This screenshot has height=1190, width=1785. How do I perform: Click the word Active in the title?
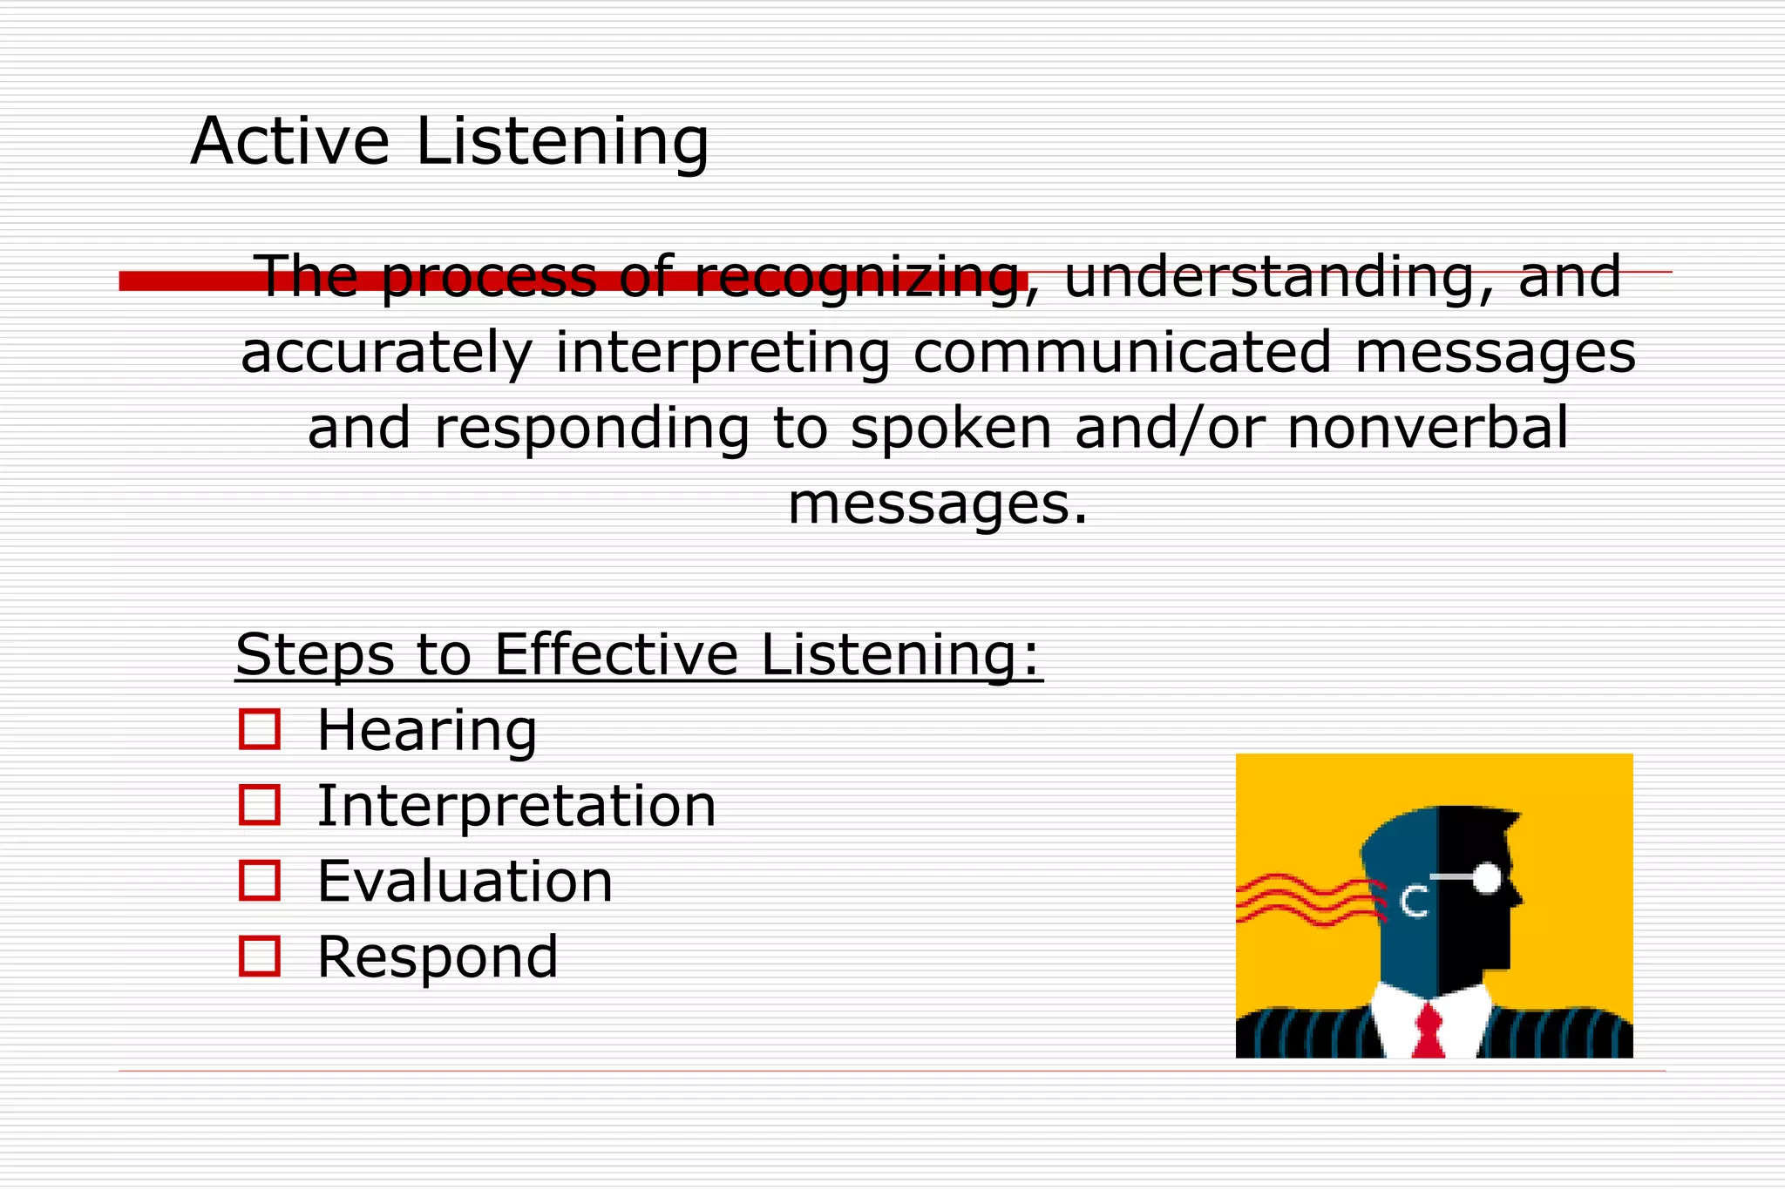point(289,141)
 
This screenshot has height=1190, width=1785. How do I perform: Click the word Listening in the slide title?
point(562,141)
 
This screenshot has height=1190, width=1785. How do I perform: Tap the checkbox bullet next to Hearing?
point(260,729)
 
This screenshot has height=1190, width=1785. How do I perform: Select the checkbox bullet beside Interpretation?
point(260,805)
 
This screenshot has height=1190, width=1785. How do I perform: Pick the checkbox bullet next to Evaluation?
point(260,880)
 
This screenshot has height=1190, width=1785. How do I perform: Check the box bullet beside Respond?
point(260,956)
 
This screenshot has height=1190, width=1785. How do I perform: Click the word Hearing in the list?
point(427,730)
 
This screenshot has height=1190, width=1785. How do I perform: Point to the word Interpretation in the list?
point(516,806)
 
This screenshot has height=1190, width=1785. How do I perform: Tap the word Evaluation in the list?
point(465,881)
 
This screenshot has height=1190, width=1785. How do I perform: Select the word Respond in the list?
point(438,957)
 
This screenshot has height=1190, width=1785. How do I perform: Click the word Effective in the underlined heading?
point(616,654)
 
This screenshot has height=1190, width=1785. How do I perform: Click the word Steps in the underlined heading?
point(315,654)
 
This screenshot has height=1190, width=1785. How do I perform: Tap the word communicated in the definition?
point(1123,353)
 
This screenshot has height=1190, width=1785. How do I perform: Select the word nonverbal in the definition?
point(1428,428)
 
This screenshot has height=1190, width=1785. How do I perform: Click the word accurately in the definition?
point(386,353)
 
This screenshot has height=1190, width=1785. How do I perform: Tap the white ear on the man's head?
point(1414,902)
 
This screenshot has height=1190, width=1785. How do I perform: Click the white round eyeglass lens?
point(1486,878)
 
